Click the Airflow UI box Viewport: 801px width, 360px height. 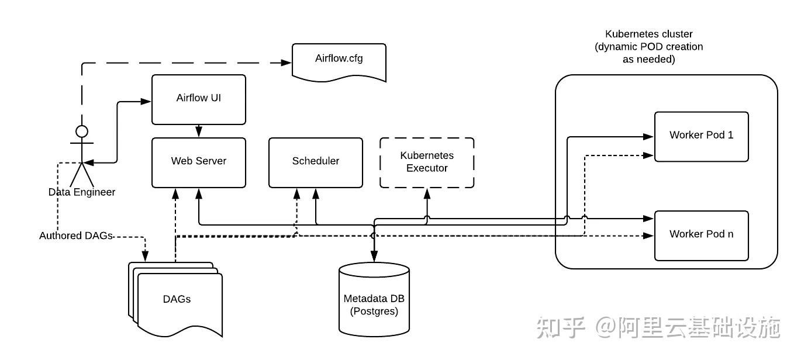pyautogui.click(x=198, y=99)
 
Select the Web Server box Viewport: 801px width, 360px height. pyautogui.click(x=198, y=162)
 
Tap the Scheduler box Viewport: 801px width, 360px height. pyautogui.click(x=315, y=162)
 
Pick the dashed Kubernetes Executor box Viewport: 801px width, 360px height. pyautogui.click(x=427, y=162)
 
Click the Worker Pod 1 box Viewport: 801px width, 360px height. pyautogui.click(x=701, y=136)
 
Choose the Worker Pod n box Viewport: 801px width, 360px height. pyautogui.click(x=701, y=235)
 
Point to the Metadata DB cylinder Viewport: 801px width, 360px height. pyautogui.click(x=374, y=299)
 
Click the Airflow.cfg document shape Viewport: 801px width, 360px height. pyautogui.click(x=339, y=60)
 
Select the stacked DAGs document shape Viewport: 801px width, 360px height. pyautogui.click(x=177, y=299)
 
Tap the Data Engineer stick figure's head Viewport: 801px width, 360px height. pyautogui.click(x=82, y=130)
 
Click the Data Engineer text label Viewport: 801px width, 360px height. pyautogui.click(x=82, y=192)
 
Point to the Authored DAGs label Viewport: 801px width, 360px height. pyautogui.click(x=75, y=236)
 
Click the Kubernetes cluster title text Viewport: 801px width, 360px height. pyautogui.click(x=648, y=47)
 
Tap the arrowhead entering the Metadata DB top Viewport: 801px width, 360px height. pyautogui.click(x=374, y=256)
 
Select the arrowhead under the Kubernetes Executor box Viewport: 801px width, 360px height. pyautogui.click(x=427, y=193)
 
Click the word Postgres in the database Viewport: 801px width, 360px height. pyautogui.click(x=374, y=311)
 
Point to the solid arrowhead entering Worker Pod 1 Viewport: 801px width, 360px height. pyautogui.click(x=648, y=136)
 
